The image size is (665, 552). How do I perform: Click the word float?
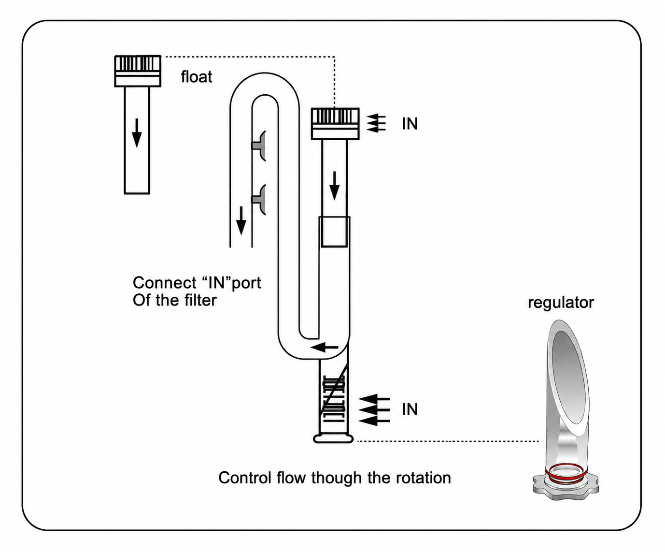click(197, 77)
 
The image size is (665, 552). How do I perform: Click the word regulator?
click(561, 303)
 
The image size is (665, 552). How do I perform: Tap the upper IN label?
click(410, 124)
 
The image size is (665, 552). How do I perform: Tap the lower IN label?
click(410, 409)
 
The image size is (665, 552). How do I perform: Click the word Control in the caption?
click(245, 478)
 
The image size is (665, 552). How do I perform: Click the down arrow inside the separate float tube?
click(137, 133)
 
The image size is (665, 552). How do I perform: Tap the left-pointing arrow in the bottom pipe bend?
click(325, 348)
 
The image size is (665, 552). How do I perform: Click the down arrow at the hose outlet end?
click(241, 221)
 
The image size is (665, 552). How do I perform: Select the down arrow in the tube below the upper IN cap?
click(334, 186)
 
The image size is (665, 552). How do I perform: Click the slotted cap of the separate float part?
click(138, 71)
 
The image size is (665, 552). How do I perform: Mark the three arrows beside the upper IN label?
click(376, 123)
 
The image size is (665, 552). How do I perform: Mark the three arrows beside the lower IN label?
click(374, 410)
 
